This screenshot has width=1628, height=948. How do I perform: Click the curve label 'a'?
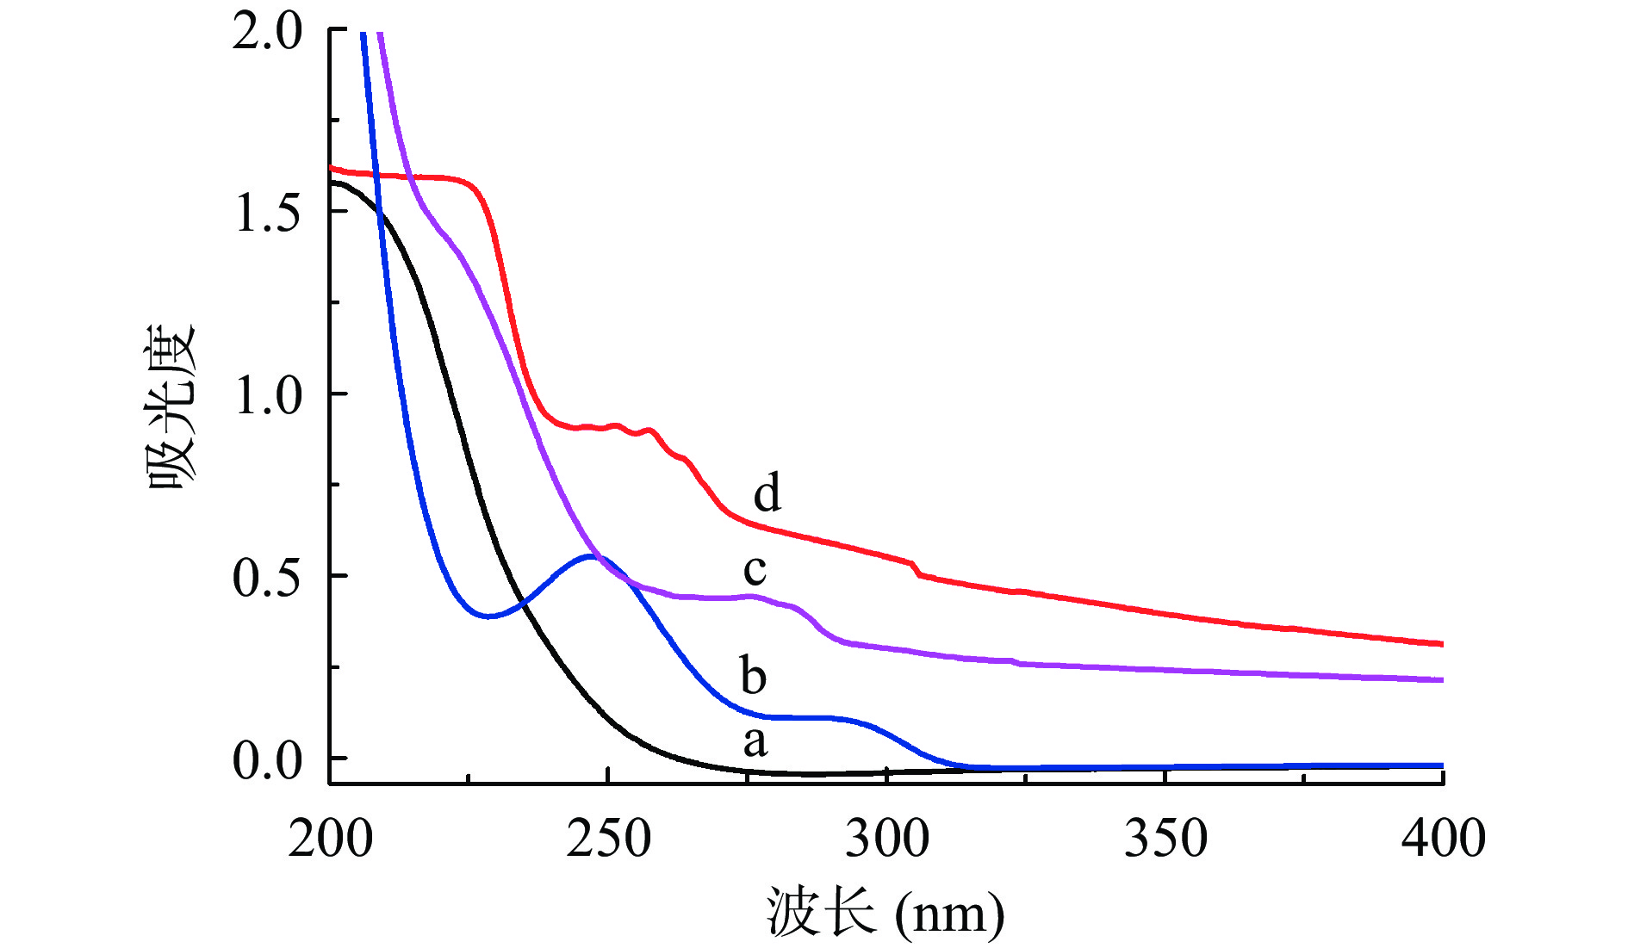(x=755, y=741)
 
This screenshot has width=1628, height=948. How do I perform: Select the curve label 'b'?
(x=754, y=675)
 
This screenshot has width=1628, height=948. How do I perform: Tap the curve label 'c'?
(x=755, y=569)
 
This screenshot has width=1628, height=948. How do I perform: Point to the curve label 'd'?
(x=767, y=493)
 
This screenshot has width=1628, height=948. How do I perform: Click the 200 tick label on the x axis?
(x=330, y=838)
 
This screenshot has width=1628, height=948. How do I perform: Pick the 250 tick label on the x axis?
(x=608, y=838)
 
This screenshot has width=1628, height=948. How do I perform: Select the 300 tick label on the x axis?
(x=886, y=838)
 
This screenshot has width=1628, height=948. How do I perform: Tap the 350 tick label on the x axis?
(x=1165, y=838)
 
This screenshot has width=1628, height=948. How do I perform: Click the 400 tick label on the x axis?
(x=1443, y=838)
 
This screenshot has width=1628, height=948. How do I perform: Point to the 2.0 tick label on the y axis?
(x=267, y=32)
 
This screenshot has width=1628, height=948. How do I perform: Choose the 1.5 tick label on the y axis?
(x=267, y=213)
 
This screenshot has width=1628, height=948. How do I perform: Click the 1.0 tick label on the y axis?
(x=267, y=395)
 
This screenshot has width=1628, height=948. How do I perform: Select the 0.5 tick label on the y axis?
(x=267, y=577)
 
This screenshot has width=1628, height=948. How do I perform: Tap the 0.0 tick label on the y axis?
(x=267, y=760)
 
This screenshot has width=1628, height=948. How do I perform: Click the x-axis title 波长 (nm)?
(x=885, y=913)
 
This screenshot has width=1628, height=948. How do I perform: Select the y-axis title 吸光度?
(x=173, y=406)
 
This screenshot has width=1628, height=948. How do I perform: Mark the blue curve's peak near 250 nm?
(x=593, y=556)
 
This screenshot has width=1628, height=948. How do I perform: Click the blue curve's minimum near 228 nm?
(x=488, y=617)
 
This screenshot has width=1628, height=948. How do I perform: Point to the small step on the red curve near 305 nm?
(x=916, y=568)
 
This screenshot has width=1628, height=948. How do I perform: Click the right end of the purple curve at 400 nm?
(x=1441, y=680)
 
